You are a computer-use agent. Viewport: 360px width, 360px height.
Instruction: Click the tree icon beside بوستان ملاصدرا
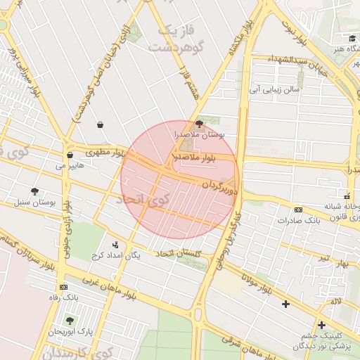tap(199, 124)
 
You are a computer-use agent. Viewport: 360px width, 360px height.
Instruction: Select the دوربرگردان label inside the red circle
tap(221, 188)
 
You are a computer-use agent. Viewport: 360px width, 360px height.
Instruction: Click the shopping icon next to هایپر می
tap(70, 155)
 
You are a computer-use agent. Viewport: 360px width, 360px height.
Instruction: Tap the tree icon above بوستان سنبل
tap(34, 191)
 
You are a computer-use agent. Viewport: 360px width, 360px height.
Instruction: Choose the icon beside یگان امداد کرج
tap(115, 245)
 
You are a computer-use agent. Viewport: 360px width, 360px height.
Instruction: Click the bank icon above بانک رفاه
tap(64, 287)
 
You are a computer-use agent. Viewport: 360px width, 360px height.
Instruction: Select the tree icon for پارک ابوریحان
tap(70, 320)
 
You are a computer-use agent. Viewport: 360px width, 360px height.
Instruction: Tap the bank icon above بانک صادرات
tap(298, 210)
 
